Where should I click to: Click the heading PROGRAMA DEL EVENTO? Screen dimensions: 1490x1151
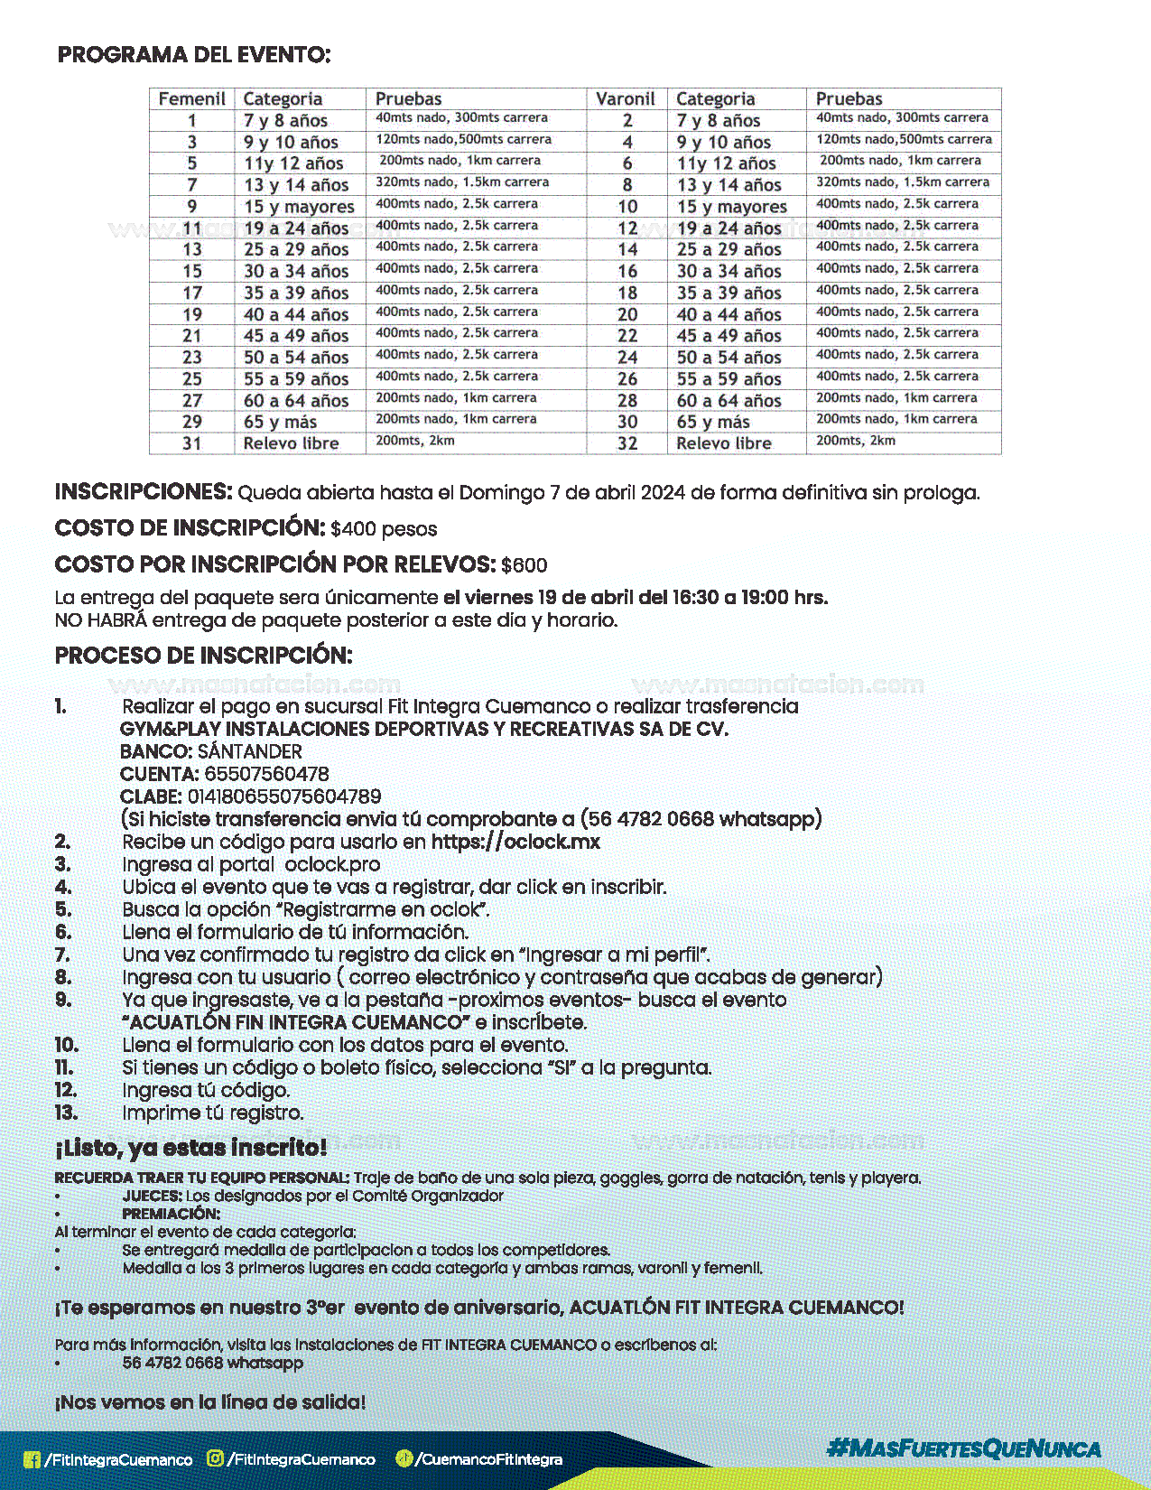[194, 55]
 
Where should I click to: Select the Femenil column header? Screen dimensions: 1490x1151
[191, 98]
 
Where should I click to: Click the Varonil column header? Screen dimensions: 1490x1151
[625, 98]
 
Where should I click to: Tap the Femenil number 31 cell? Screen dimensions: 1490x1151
[191, 443]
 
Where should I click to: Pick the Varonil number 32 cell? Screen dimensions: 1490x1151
[627, 443]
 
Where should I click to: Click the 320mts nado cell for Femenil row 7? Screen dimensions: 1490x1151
[461, 182]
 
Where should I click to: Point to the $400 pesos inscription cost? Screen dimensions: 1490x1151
[384, 529]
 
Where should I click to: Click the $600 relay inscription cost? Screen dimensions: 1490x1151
[524, 565]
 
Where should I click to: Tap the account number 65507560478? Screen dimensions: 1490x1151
[266, 774]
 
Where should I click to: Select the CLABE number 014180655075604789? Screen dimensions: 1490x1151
[284, 796]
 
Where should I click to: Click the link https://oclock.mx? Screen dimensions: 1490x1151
[515, 842]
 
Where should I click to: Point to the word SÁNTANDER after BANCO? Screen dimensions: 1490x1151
[250, 751]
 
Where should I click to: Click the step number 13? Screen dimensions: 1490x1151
[66, 1113]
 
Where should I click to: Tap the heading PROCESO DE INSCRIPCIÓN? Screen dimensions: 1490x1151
[203, 656]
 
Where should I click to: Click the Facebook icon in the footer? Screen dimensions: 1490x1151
[32, 1459]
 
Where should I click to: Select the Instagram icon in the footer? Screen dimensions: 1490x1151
[216, 1458]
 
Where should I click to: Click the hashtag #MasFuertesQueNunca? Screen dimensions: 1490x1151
[963, 1448]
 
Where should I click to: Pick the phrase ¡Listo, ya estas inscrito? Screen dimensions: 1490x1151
[190, 1148]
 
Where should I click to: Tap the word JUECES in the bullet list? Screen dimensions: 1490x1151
[152, 1196]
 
